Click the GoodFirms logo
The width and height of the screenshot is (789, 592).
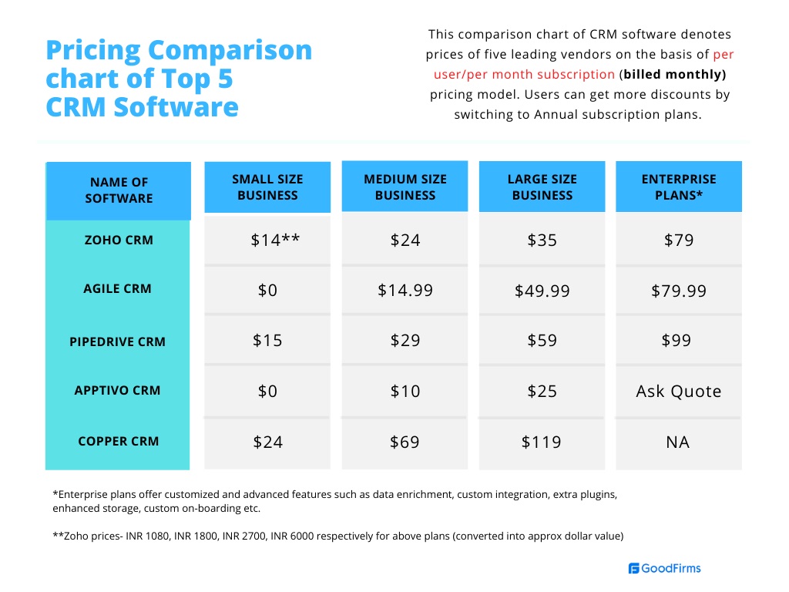coord(664,568)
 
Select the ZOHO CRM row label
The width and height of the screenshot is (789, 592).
coord(119,240)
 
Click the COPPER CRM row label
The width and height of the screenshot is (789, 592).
coord(119,442)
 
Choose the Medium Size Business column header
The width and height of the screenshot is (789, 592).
coord(405,187)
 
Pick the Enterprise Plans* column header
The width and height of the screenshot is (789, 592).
coord(679,187)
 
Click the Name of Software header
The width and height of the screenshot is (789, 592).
coord(119,190)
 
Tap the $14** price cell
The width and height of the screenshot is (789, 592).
coord(275,240)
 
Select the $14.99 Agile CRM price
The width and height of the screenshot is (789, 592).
coord(405,290)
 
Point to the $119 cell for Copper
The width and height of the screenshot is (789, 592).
coord(542,442)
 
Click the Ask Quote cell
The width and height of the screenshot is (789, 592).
coord(679,392)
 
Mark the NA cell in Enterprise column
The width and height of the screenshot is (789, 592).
coord(679,442)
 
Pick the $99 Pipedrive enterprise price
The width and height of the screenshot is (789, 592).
coord(677,340)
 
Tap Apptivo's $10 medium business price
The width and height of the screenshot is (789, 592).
coord(405,392)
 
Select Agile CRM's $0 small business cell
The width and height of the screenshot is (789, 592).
coord(267,290)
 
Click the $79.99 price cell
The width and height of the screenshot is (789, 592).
coord(679,291)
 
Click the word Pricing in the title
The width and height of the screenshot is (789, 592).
coord(91,50)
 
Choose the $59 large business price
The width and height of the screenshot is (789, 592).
coord(542,340)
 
